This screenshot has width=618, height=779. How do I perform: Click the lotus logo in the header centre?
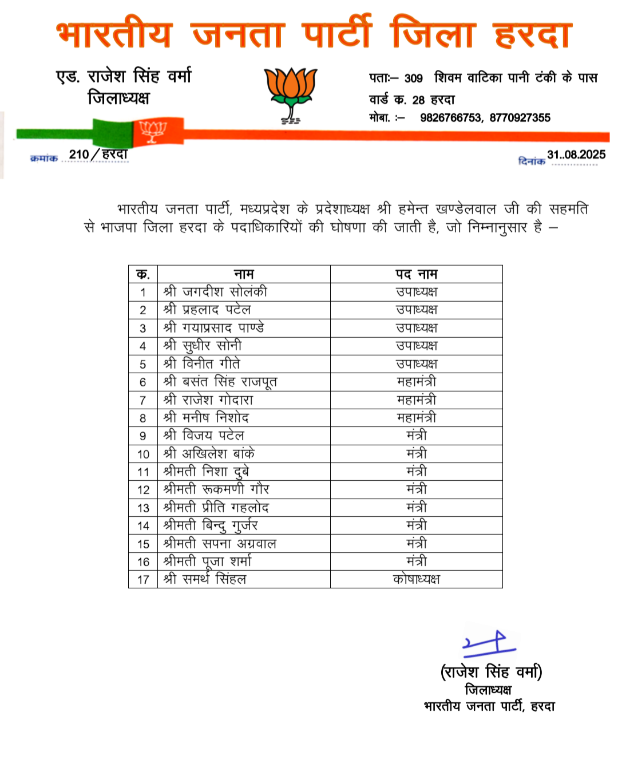(291, 93)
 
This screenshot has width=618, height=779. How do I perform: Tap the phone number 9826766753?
(450, 118)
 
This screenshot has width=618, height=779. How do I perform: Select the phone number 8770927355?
(520, 118)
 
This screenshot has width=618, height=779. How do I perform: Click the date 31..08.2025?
(576, 155)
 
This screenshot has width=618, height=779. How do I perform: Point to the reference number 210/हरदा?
(98, 155)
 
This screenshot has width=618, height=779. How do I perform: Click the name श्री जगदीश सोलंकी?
(215, 292)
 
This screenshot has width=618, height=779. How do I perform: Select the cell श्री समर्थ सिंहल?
(205, 579)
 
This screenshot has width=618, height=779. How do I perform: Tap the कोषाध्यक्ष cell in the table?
(416, 579)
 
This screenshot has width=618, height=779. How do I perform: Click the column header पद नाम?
(416, 274)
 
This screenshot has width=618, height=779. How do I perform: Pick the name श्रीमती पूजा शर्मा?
(207, 561)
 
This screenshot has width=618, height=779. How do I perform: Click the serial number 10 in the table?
(143, 454)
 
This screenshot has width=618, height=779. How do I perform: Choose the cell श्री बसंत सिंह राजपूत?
(220, 382)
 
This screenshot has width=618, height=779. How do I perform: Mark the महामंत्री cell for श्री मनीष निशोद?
(416, 418)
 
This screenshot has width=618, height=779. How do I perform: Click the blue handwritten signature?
(489, 644)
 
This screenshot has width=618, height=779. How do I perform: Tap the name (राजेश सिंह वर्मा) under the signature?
(491, 671)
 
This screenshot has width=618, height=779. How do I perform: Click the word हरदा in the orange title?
(532, 34)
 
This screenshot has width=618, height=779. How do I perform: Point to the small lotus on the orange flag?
(153, 131)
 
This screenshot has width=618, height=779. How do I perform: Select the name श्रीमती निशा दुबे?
(206, 472)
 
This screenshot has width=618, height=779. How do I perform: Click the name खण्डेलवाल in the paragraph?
(465, 209)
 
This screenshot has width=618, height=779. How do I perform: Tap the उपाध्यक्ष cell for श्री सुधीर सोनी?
(416, 346)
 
